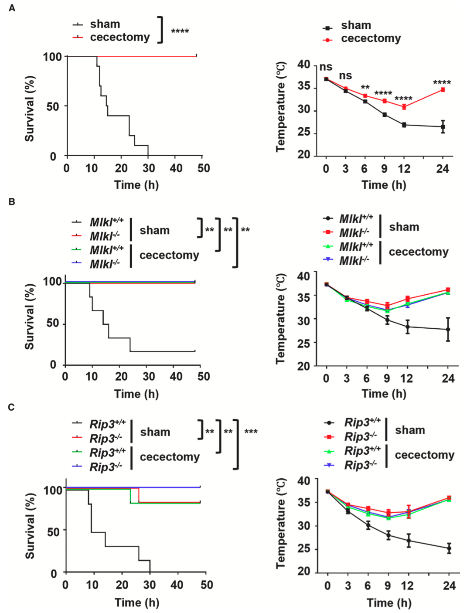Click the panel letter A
12,8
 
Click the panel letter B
12,202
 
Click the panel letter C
12,407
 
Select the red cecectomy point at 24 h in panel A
443,90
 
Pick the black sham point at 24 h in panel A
443,127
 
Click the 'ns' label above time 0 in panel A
326,67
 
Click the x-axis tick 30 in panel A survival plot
148,168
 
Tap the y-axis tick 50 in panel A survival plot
52,106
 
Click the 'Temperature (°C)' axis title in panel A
280,107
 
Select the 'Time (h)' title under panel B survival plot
136,394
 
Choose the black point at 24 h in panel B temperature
448,329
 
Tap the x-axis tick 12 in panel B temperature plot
407,378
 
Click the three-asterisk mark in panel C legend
251,432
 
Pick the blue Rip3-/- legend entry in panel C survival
106,467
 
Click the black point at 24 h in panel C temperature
449,548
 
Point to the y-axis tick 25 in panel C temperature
304,549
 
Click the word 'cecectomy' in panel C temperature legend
424,455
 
